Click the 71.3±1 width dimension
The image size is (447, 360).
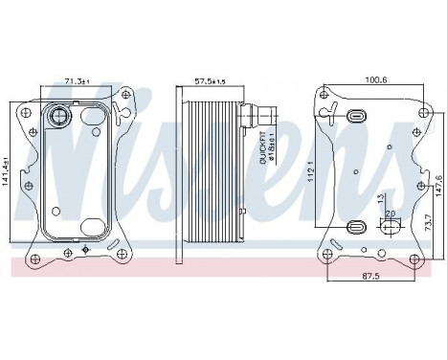pyautogui.click(x=78, y=82)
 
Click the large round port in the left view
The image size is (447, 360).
pyautogui.click(x=58, y=118)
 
